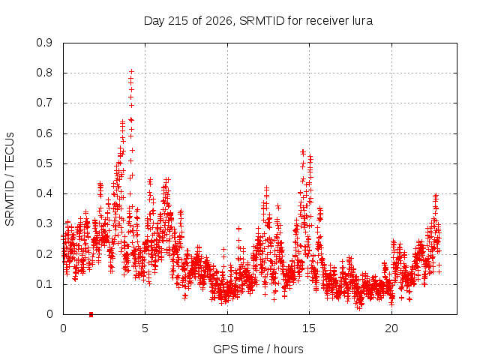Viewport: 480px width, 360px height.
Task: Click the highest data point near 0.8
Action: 132,72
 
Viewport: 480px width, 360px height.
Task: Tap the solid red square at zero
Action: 91,314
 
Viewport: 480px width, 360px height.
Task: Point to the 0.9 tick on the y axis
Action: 44,43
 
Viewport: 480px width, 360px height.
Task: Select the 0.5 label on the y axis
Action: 44,163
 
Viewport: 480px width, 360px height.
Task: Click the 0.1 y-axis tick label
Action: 44,284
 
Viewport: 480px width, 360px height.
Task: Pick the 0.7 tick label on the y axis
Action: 44,103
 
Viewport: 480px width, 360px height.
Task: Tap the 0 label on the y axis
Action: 49,314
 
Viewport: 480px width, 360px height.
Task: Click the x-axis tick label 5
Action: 145,328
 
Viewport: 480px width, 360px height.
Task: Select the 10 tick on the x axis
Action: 227,328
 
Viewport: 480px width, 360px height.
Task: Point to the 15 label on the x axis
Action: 309,328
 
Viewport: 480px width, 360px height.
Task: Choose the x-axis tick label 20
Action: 391,328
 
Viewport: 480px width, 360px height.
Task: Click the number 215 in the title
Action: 178,21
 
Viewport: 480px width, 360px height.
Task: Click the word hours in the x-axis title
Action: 288,349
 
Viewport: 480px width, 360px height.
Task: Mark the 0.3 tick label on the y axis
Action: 44,223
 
